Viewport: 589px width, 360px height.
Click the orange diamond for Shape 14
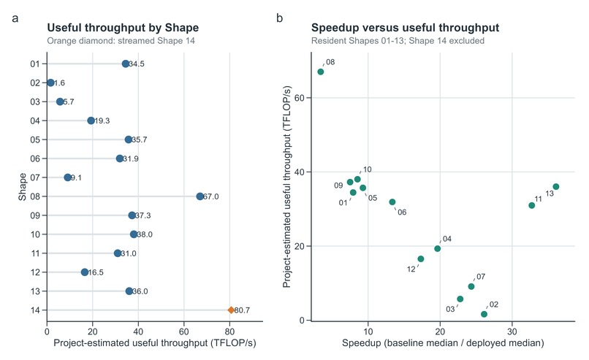(231, 310)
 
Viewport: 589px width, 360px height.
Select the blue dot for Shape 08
(199, 196)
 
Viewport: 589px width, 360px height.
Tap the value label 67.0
(210, 196)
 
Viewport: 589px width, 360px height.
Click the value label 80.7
(242, 310)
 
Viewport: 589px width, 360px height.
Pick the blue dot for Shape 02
(50, 83)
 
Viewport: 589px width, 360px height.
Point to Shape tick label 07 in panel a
(35, 177)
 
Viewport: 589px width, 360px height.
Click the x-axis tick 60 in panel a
(184, 332)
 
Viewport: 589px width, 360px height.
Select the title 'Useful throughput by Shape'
(123, 28)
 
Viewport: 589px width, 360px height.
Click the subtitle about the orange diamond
(121, 41)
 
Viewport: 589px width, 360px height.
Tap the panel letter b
(279, 18)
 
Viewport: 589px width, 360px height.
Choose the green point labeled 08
(320, 72)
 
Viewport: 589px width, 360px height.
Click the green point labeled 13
(556, 186)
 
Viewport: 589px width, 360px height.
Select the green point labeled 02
(484, 314)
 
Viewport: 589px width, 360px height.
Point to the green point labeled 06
(392, 202)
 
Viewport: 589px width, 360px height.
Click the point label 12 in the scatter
(411, 269)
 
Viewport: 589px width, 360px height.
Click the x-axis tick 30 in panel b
(512, 332)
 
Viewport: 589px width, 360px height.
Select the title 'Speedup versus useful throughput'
(405, 28)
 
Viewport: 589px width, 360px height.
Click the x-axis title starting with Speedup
(443, 342)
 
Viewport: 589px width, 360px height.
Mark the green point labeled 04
(437, 248)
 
